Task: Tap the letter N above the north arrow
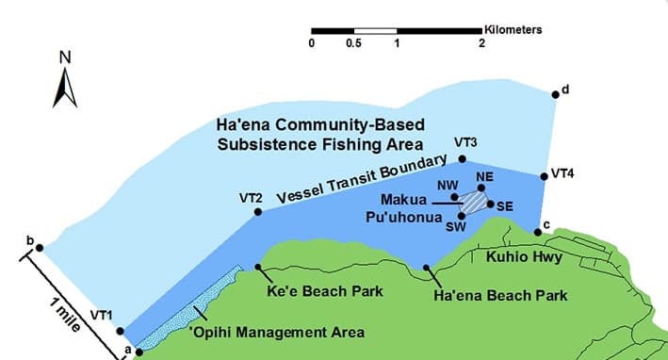(65, 57)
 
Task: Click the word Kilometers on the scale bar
(513, 29)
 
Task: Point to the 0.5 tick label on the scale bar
(354, 43)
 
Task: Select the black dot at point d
(555, 92)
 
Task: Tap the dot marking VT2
(259, 212)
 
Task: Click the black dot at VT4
(544, 175)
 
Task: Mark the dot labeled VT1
(120, 331)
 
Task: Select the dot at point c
(537, 231)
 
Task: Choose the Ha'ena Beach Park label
(500, 296)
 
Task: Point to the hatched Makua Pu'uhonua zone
(473, 200)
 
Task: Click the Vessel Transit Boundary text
(360, 183)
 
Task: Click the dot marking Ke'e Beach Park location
(259, 267)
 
